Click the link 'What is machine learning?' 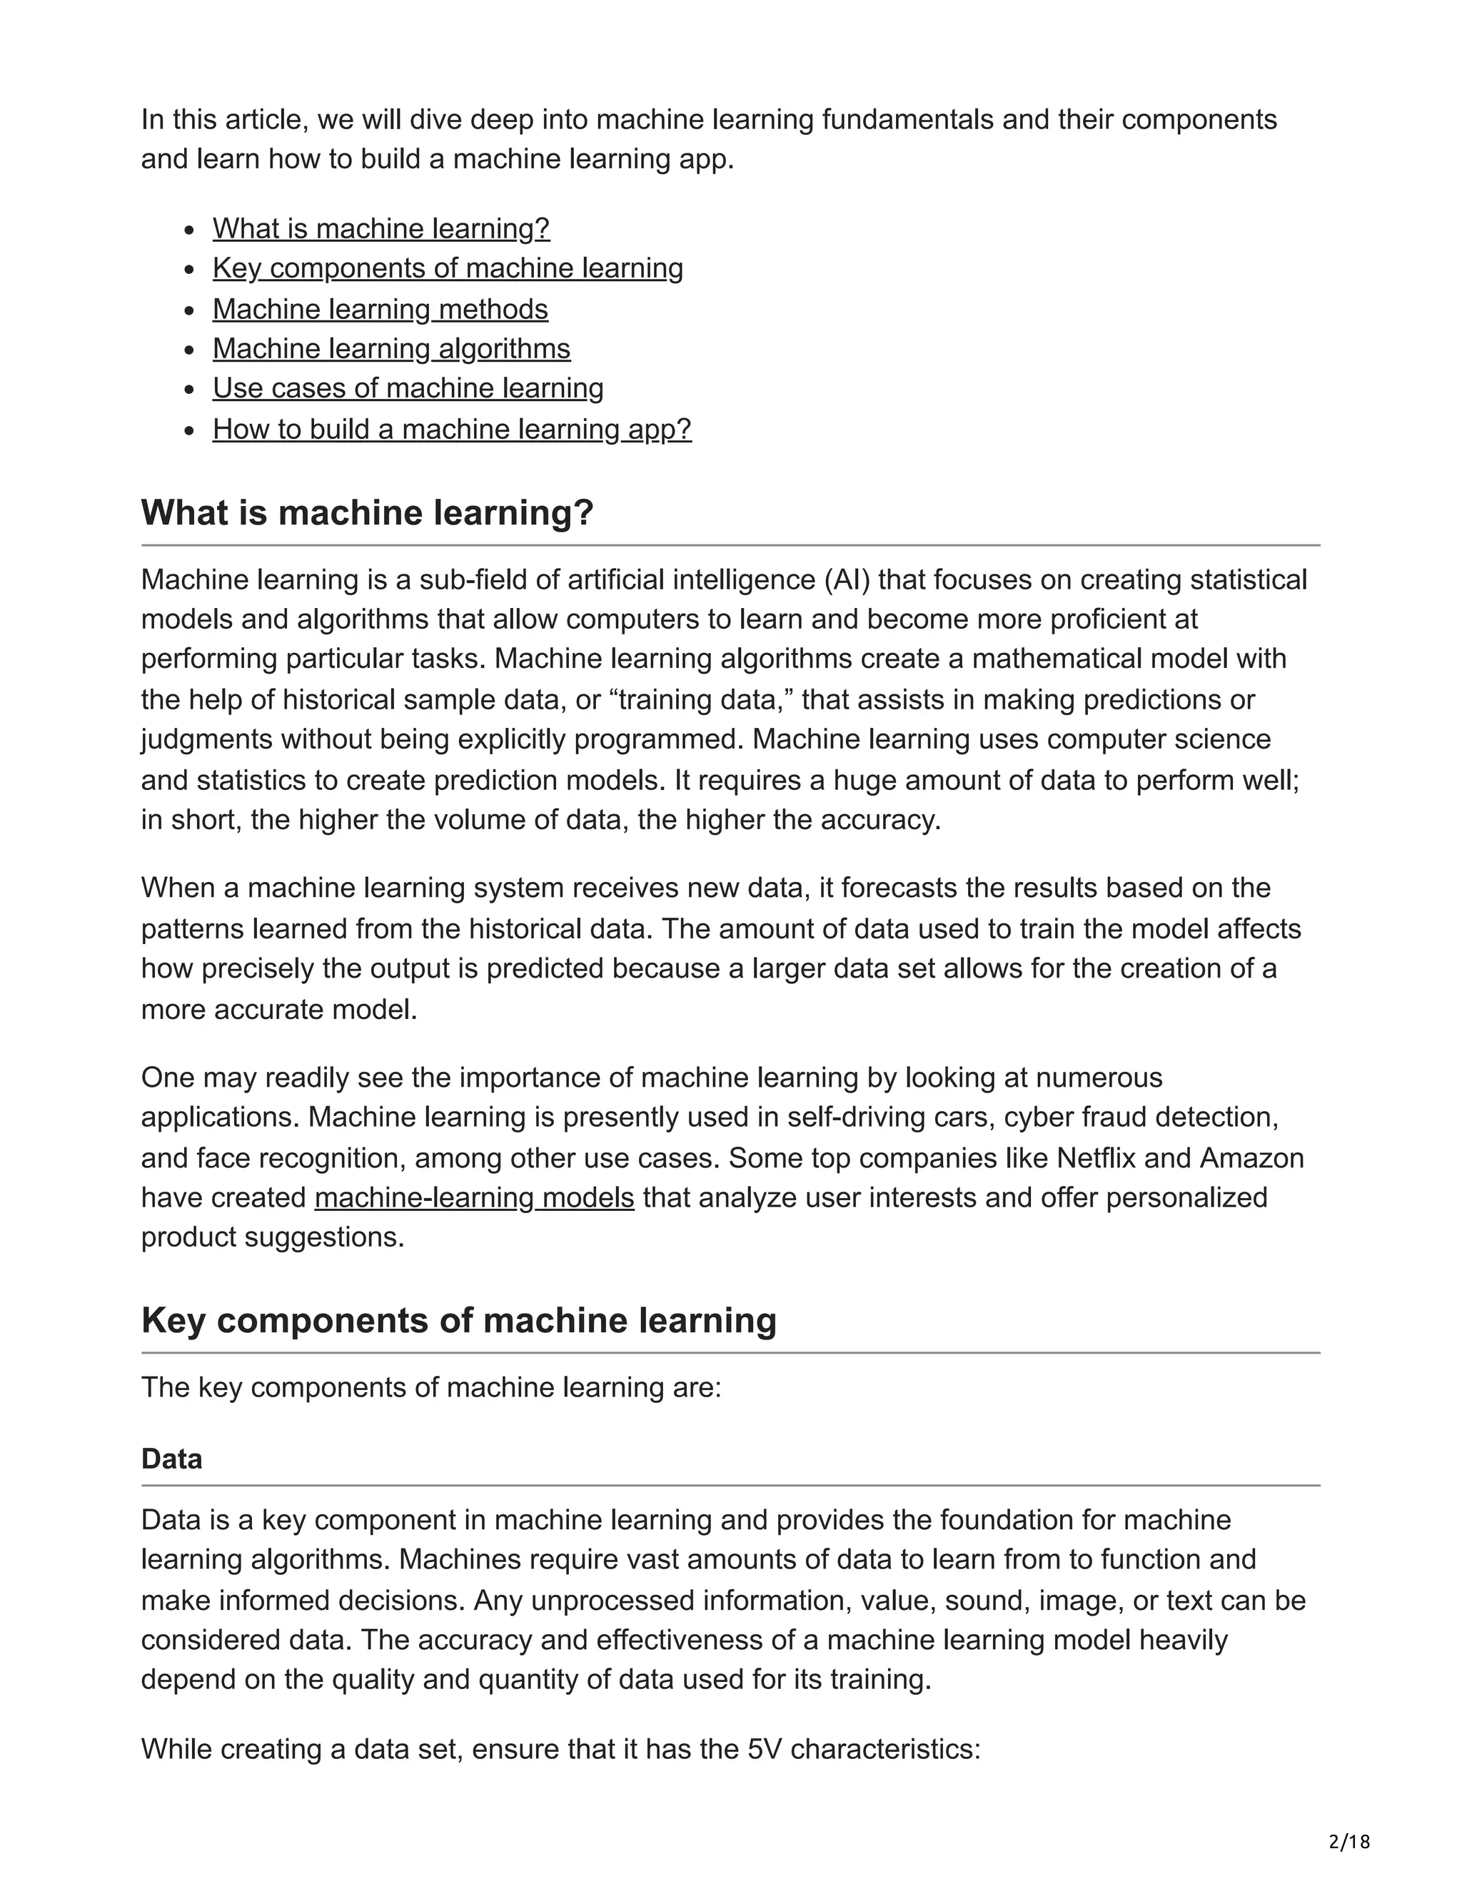point(381,228)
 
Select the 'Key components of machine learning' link point(448,268)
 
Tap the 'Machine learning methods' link point(380,309)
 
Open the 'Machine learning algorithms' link point(391,349)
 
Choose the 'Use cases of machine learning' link point(408,389)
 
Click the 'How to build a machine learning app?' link point(452,430)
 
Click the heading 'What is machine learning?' point(367,512)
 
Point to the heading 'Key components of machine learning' point(458,1320)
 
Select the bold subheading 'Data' point(171,1459)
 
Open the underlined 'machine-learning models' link point(475,1198)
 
